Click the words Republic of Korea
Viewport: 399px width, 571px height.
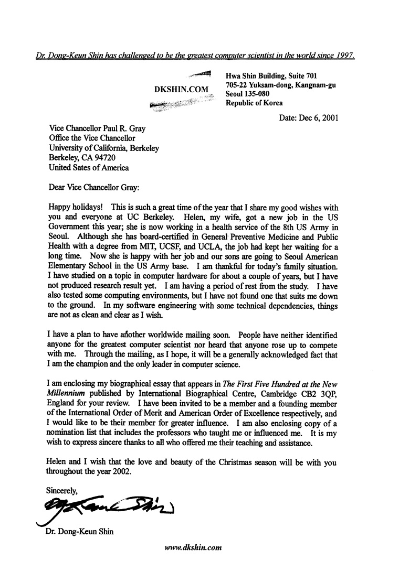point(254,103)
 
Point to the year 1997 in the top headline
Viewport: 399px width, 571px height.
point(344,55)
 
